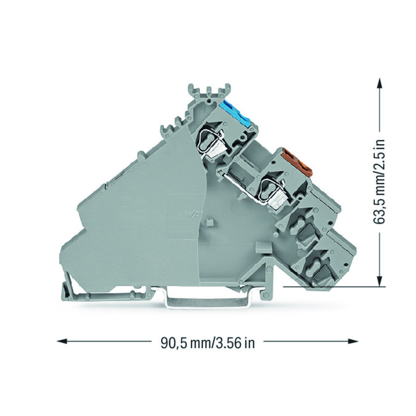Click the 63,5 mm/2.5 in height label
click(x=380, y=183)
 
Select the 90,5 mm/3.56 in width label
click(x=208, y=343)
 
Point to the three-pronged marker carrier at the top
click(x=209, y=91)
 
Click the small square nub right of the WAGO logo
click(x=209, y=222)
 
